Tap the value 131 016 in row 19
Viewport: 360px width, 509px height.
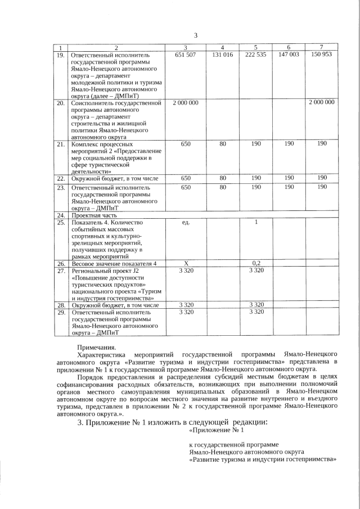pyautogui.click(x=223, y=55)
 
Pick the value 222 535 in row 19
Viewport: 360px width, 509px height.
pyautogui.click(x=255, y=55)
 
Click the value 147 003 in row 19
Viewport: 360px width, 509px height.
pyautogui.click(x=289, y=55)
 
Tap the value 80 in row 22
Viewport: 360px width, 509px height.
pyautogui.click(x=223, y=178)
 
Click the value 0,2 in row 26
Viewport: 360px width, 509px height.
pyautogui.click(x=255, y=263)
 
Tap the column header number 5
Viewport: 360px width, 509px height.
pyautogui.click(x=255, y=47)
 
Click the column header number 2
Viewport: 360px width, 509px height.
pyautogui.click(x=116, y=47)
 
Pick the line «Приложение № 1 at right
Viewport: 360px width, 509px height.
pyautogui.click(x=217, y=431)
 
